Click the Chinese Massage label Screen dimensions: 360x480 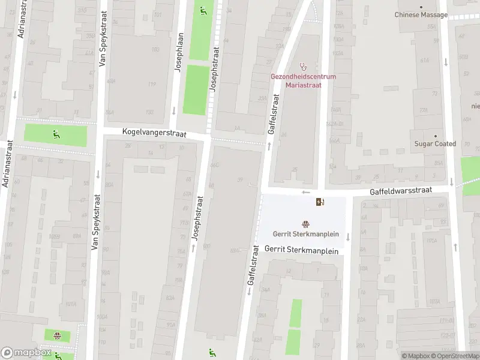pyautogui.click(x=421, y=14)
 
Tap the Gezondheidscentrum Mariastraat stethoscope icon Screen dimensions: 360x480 pyautogui.click(x=303, y=67)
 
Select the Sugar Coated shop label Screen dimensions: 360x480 pyautogui.click(x=435, y=144)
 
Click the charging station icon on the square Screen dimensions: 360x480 pyautogui.click(x=320, y=202)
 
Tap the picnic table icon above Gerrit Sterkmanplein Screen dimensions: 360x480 pyautogui.click(x=306, y=225)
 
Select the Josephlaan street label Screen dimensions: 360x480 pyautogui.click(x=178, y=53)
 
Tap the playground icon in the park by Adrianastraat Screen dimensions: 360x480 pyautogui.click(x=55, y=134)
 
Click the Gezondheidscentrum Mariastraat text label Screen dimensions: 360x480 pyautogui.click(x=303, y=81)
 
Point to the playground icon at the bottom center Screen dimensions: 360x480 pyautogui.click(x=212, y=352)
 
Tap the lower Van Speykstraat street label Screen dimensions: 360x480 pyautogui.click(x=94, y=223)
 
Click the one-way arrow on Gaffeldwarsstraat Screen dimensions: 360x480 pyautogui.click(x=306, y=193)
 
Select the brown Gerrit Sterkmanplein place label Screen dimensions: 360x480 pyautogui.click(x=306, y=235)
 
